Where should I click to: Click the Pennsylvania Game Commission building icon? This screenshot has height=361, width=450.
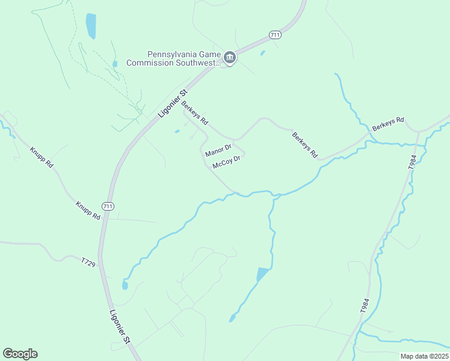tap(229, 58)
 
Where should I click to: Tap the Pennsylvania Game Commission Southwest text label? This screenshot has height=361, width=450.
tap(174, 58)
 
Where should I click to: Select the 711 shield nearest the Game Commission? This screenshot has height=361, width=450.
tap(276, 35)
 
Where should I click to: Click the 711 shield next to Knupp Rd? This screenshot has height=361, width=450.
tap(107, 206)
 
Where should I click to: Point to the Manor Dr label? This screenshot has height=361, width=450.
tap(218, 150)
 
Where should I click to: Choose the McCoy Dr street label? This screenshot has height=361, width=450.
tap(226, 162)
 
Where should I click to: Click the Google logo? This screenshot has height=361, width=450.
tap(20, 354)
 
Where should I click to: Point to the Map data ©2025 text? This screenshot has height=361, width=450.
tap(424, 356)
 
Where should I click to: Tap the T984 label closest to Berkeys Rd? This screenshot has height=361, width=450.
tap(412, 162)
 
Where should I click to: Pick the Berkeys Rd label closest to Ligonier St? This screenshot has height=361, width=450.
tap(195, 112)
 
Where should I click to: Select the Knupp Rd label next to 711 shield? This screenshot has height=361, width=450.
tap(88, 210)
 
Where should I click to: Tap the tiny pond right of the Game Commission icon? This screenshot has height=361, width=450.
tap(262, 54)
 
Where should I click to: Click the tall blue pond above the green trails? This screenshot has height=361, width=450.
tap(91, 26)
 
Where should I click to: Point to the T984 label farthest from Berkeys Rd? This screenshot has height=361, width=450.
tap(365, 304)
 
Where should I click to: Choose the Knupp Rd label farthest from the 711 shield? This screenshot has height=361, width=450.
tap(42, 156)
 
